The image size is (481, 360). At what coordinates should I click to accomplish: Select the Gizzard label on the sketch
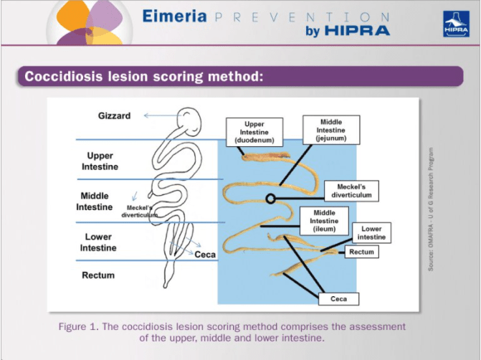click(114, 116)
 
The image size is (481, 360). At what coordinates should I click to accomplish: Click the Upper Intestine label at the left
click(100, 161)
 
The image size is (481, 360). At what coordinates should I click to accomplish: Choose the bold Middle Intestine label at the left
click(95, 202)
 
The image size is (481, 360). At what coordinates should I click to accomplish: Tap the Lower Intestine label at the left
click(98, 242)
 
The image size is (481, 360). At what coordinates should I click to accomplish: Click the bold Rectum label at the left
click(97, 275)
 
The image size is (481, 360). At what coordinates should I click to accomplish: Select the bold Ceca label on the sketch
click(205, 255)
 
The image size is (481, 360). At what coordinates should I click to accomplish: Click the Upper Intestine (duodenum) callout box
click(254, 132)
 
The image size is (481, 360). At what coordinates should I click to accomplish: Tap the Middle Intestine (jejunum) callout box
click(330, 131)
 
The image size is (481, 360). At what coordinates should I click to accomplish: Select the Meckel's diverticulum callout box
click(348, 191)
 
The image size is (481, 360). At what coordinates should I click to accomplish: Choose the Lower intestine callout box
click(371, 232)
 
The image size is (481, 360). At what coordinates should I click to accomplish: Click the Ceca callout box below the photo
click(338, 298)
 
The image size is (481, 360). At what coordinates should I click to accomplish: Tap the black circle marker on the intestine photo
click(270, 199)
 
